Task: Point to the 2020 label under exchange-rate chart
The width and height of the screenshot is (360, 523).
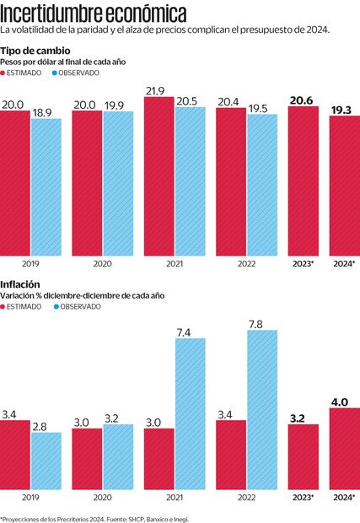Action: (102, 263)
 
